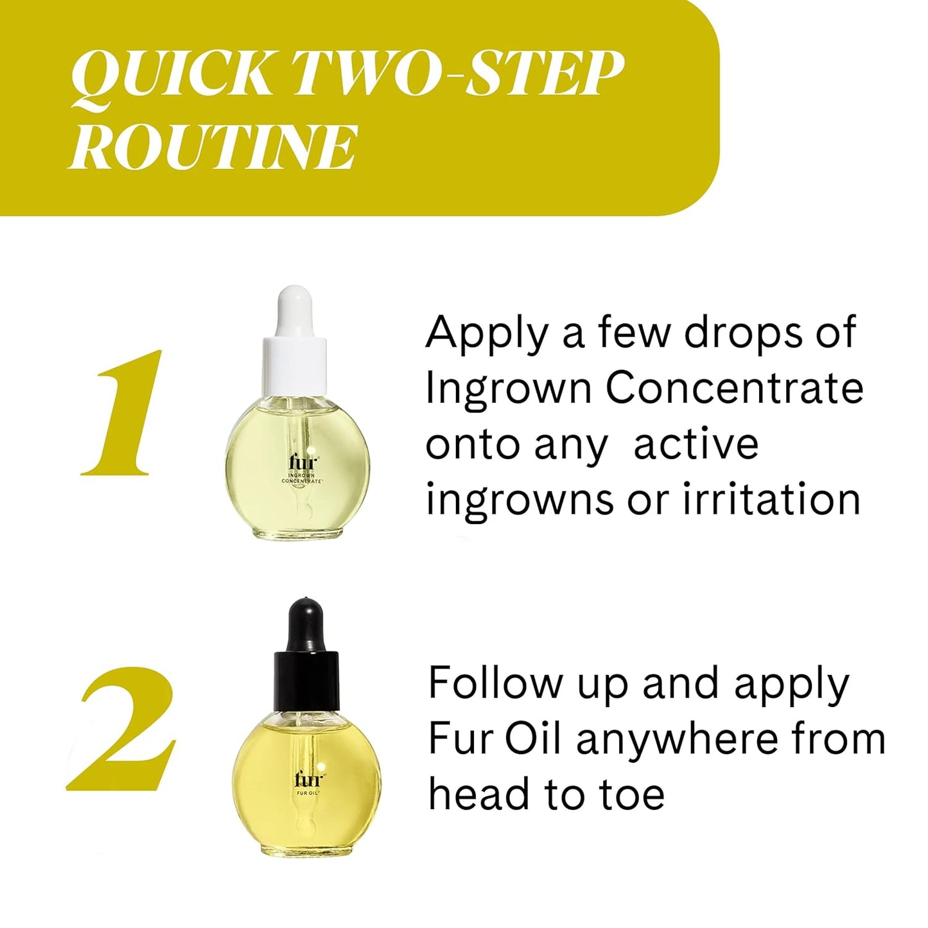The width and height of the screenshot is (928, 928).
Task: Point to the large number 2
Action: coord(122,729)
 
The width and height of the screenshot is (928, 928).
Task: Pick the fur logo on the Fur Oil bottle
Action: coord(308,779)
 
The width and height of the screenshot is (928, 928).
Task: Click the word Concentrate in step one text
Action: coord(735,388)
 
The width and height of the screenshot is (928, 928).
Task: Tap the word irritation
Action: coord(771,500)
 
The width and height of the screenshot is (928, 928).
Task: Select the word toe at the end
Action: coord(633,795)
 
